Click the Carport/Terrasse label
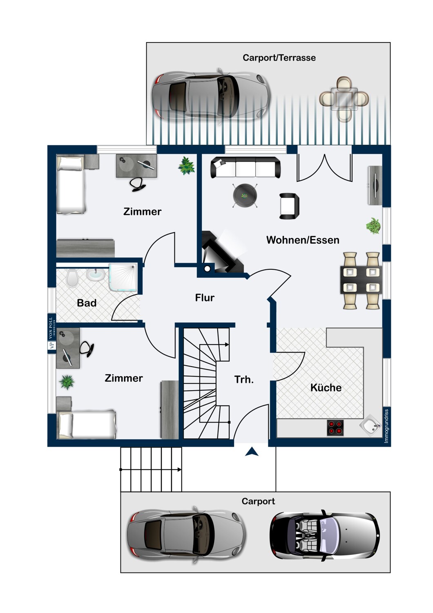279,58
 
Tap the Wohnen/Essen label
303,240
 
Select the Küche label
326,387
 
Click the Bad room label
87,303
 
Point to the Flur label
205,298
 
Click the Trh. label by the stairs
244,380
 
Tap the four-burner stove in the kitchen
335,427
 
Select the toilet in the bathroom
72,278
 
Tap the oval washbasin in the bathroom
96,275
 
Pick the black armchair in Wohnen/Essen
289,206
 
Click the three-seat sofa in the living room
246,167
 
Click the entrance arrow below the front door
252,452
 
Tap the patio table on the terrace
344,99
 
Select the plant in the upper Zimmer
186,166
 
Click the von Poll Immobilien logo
52,333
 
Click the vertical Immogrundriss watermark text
386,426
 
